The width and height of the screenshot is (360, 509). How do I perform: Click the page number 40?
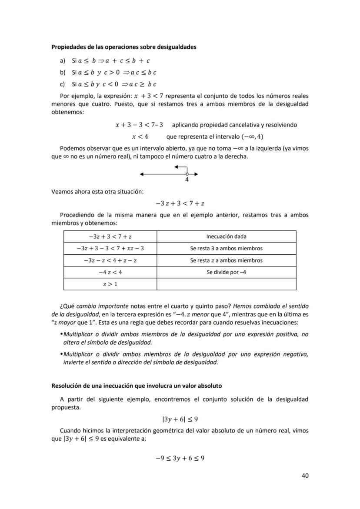tap(305, 476)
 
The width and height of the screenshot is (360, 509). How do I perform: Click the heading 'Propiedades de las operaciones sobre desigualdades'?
tap(123, 47)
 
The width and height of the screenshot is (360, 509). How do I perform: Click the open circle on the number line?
tap(187, 174)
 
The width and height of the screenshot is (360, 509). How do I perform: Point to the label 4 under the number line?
tap(187, 180)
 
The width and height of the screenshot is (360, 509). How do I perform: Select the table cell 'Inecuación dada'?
tap(226, 236)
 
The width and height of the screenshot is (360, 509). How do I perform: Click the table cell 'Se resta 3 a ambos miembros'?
tap(226, 249)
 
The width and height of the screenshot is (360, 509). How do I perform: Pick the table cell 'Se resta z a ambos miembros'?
tap(226, 260)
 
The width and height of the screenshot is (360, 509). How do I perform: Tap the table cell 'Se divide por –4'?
tap(226, 272)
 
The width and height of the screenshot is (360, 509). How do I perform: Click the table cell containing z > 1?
tap(110, 284)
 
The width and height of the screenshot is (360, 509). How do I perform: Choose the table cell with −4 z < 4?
tap(110, 272)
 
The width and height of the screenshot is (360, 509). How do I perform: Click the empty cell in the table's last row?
tap(226, 284)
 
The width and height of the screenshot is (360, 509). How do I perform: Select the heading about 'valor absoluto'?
tap(137, 385)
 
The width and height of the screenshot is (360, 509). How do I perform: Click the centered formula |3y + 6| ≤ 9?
tap(180, 419)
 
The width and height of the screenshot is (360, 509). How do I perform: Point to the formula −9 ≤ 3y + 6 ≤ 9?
tap(180, 458)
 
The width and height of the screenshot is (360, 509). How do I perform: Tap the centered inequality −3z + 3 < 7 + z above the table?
tap(180, 203)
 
